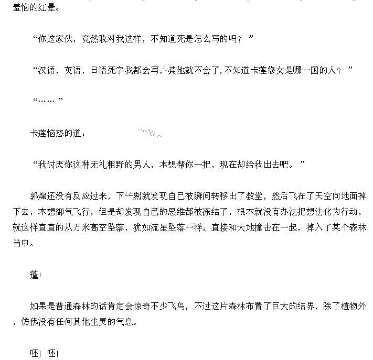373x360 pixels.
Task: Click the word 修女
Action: [279, 70]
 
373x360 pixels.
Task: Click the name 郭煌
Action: [38, 196]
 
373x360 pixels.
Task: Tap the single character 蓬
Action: [34, 275]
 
